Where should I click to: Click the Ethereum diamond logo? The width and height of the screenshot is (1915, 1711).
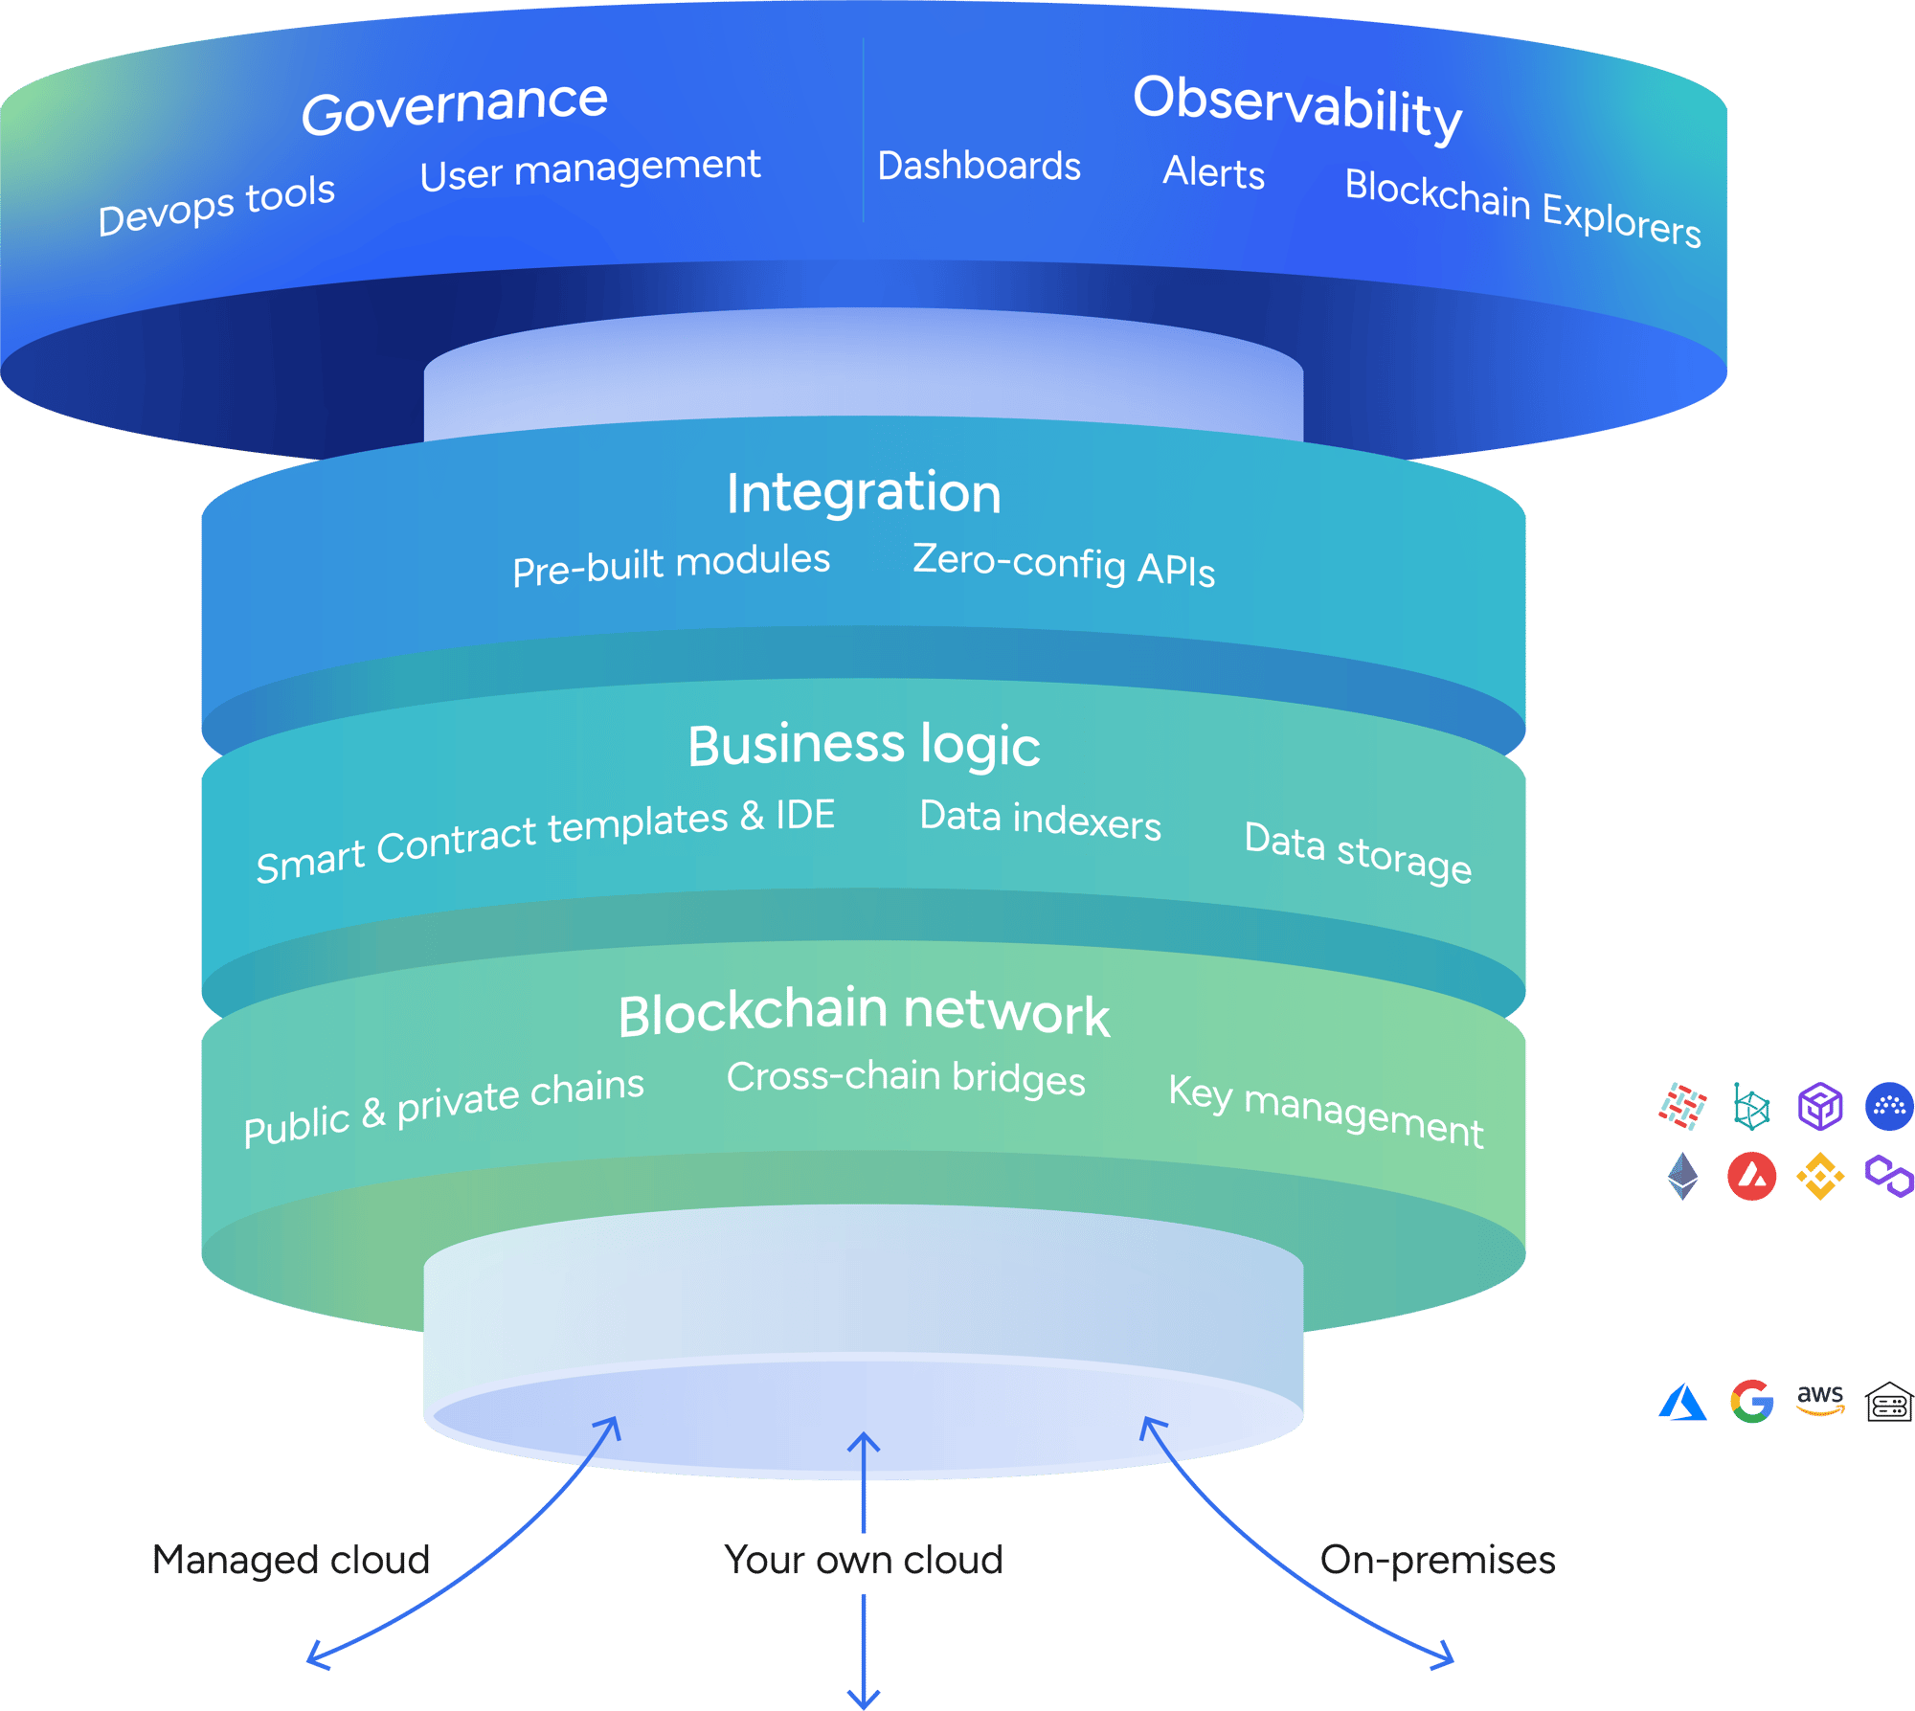pos(1682,1176)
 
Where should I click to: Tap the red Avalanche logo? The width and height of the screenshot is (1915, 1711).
pos(1751,1176)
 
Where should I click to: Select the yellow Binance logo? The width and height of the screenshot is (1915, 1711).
pos(1820,1176)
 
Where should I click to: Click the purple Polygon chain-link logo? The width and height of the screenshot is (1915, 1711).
pos(1889,1176)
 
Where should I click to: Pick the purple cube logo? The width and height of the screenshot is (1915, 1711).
pos(1820,1107)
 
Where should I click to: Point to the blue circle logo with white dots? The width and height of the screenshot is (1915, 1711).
pos(1889,1107)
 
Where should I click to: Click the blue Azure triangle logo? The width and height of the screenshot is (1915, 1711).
pos(1682,1403)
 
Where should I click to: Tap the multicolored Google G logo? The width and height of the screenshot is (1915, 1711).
pos(1751,1402)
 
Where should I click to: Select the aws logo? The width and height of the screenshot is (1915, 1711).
pos(1820,1399)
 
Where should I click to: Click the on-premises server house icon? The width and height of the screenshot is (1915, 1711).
pos(1889,1402)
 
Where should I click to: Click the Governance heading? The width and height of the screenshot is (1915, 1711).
pos(455,105)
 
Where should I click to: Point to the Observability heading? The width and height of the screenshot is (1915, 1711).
pos(1297,107)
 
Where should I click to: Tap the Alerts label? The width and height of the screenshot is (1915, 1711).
pos(1214,173)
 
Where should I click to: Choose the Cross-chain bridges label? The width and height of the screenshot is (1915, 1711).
pos(906,1078)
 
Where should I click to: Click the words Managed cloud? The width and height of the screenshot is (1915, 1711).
pos(291,1560)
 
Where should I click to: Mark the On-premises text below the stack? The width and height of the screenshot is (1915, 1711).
pos(1437,1561)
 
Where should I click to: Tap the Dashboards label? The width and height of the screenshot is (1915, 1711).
pos(980,166)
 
